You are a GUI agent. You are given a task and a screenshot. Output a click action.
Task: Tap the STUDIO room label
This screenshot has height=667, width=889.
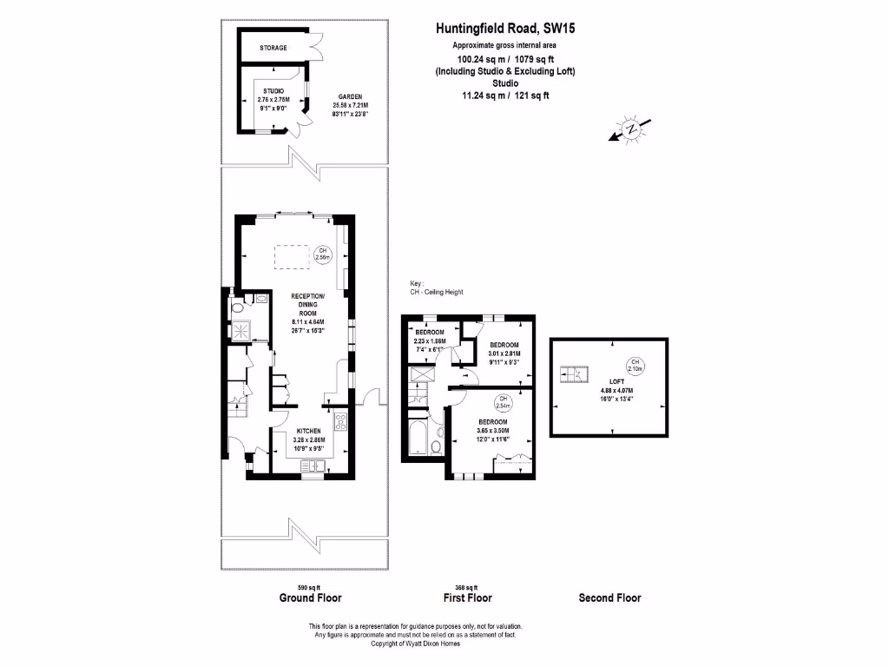(274, 89)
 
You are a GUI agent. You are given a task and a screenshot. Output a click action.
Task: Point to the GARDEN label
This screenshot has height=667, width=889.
(351, 96)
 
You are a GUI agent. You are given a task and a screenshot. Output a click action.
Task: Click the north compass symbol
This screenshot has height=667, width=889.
(633, 128)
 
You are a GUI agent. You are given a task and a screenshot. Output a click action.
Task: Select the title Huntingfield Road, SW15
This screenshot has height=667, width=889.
(504, 29)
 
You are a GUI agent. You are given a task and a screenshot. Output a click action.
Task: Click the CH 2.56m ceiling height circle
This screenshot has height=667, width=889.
(323, 254)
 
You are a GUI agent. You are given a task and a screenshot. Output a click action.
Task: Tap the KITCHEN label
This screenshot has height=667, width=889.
(309, 431)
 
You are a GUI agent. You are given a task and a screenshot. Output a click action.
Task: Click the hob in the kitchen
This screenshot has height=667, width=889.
(341, 423)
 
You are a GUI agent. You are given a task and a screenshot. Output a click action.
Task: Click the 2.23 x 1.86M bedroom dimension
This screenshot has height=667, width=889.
(430, 341)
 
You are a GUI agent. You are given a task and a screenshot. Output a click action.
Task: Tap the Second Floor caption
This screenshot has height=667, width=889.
(609, 598)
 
